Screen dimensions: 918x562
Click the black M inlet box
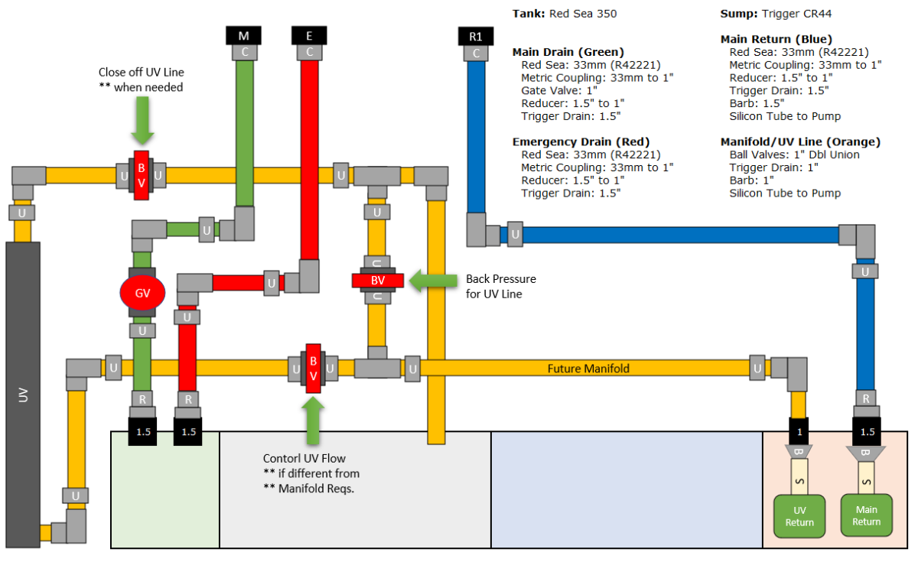[x=243, y=36]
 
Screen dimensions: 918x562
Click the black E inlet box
[x=309, y=36]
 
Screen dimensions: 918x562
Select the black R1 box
[x=476, y=37]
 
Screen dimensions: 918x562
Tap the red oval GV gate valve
[x=142, y=293]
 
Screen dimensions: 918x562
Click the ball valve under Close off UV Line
[x=142, y=175]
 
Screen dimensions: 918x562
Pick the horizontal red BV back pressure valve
[x=377, y=281]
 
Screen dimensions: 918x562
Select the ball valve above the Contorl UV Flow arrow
[x=313, y=369]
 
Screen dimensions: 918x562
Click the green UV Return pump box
[x=799, y=516]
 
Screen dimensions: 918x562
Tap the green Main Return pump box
[x=866, y=515]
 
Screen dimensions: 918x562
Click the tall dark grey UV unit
[x=23, y=395]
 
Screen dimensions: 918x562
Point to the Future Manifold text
[x=588, y=369]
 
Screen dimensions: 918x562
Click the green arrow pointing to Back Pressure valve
[x=433, y=281]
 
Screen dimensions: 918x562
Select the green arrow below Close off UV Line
[x=142, y=120]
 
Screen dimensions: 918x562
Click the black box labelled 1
[x=799, y=431]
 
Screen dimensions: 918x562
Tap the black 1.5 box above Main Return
[x=867, y=431]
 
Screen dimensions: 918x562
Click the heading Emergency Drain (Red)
[x=581, y=141]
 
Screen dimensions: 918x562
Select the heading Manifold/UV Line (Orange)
[x=800, y=141]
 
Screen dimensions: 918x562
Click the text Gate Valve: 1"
[x=559, y=90]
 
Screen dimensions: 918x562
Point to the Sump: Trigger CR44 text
[x=776, y=14]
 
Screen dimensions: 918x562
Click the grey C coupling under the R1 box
[x=476, y=54]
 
